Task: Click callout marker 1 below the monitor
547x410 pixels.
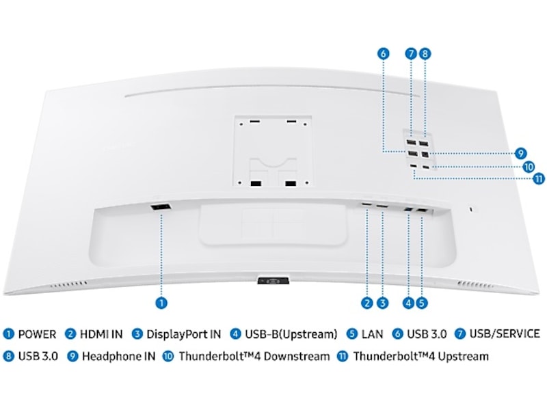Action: pyautogui.click(x=161, y=301)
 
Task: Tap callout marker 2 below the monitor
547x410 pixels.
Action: pyautogui.click(x=367, y=301)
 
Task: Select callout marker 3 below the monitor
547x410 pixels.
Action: pyautogui.click(x=383, y=301)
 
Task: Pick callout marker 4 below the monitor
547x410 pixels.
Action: pyautogui.click(x=408, y=301)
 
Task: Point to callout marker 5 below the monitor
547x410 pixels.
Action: pyautogui.click(x=422, y=301)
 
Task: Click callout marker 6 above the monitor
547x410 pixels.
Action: pyautogui.click(x=383, y=53)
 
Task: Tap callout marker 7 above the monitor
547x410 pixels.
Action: pyautogui.click(x=410, y=53)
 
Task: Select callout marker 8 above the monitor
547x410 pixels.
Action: pyautogui.click(x=425, y=53)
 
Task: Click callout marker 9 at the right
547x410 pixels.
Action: pyautogui.click(x=521, y=153)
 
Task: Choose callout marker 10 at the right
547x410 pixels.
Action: pyautogui.click(x=529, y=166)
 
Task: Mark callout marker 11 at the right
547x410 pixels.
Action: pyautogui.click(x=538, y=179)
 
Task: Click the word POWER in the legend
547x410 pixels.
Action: pyautogui.click(x=37, y=334)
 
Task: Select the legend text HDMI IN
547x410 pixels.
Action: pyautogui.click(x=101, y=334)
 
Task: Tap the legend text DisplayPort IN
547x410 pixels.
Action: pyautogui.click(x=183, y=334)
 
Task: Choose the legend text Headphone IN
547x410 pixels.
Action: pyautogui.click(x=118, y=356)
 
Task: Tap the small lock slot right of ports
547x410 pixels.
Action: pyautogui.click(x=471, y=208)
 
